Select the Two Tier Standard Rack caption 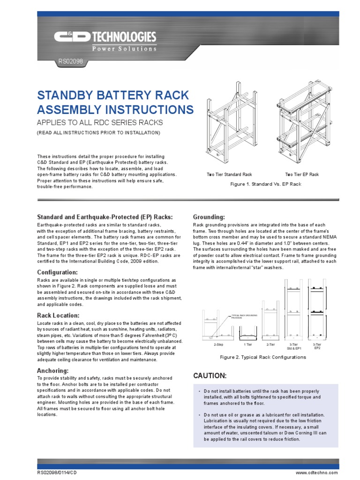(229, 174)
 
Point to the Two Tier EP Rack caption (302, 174)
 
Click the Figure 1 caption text (265, 184)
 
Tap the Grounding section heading (209, 217)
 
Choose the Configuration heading (57, 272)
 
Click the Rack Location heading (58, 315)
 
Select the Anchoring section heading (53, 371)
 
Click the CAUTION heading (210, 376)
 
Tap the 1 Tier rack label (248, 344)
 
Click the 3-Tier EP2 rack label (317, 346)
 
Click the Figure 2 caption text (262, 357)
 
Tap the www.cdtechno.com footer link (316, 473)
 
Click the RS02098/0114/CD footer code (58, 473)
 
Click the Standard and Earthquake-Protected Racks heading (105, 217)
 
